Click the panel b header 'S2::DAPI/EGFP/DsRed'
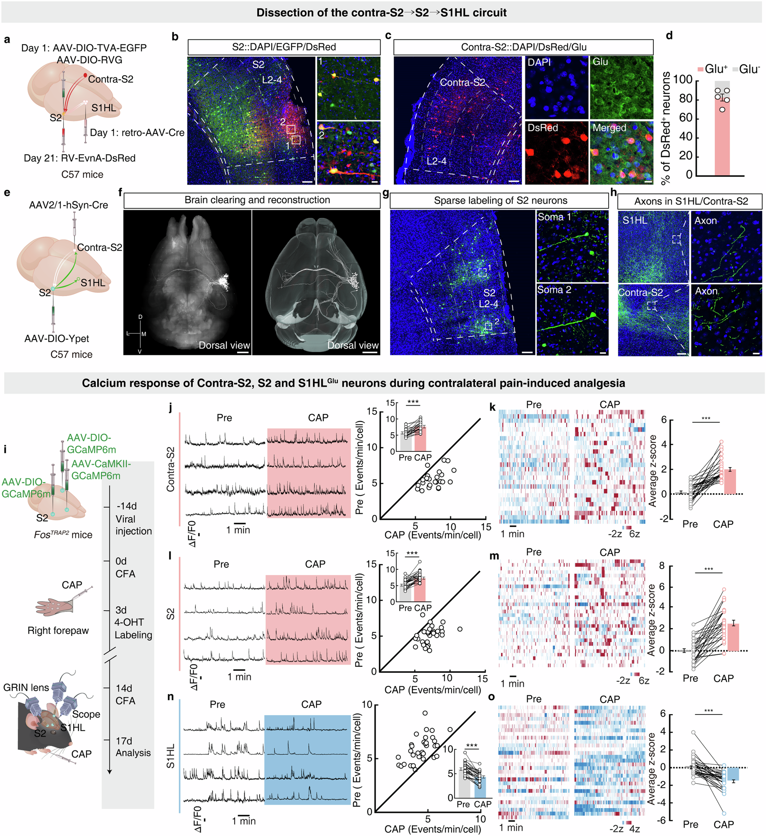(283, 47)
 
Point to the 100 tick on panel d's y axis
(682, 80)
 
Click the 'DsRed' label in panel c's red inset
(543, 128)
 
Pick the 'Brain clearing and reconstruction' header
(257, 200)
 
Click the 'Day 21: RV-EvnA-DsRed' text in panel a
(80, 158)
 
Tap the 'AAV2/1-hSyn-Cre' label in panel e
(69, 205)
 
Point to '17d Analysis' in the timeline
(133, 747)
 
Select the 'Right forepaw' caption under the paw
(58, 631)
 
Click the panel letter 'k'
(493, 407)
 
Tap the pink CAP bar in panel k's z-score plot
(730, 482)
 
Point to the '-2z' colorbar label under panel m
(623, 681)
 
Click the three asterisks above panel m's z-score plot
(709, 569)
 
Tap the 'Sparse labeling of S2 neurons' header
(500, 201)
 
